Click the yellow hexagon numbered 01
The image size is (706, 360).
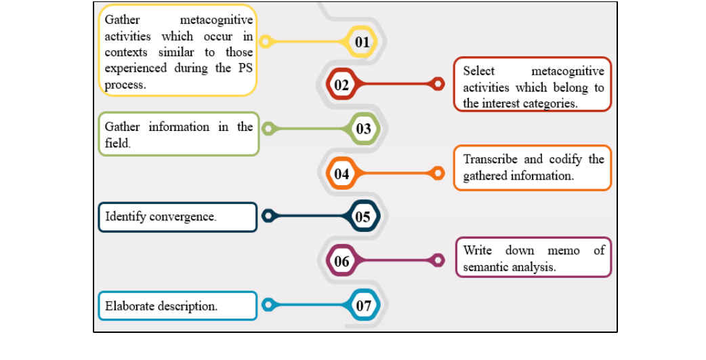click(362, 42)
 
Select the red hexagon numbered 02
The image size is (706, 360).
click(341, 85)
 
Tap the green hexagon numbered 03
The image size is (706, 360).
click(363, 128)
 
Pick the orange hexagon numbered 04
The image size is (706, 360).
click(341, 174)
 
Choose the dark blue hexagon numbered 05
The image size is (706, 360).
click(363, 216)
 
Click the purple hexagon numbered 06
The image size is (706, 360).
click(341, 260)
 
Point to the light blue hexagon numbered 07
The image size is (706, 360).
click(364, 305)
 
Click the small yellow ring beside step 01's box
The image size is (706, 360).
click(267, 42)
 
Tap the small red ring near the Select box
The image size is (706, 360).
click(438, 84)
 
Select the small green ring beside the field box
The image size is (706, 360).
click(268, 128)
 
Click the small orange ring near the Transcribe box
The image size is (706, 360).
click(438, 174)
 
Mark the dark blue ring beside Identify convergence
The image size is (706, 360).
click(268, 216)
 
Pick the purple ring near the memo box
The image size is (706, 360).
click(438, 260)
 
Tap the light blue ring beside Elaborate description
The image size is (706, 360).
click(268, 305)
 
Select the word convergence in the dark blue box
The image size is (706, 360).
click(184, 217)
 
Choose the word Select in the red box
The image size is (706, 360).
click(479, 71)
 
